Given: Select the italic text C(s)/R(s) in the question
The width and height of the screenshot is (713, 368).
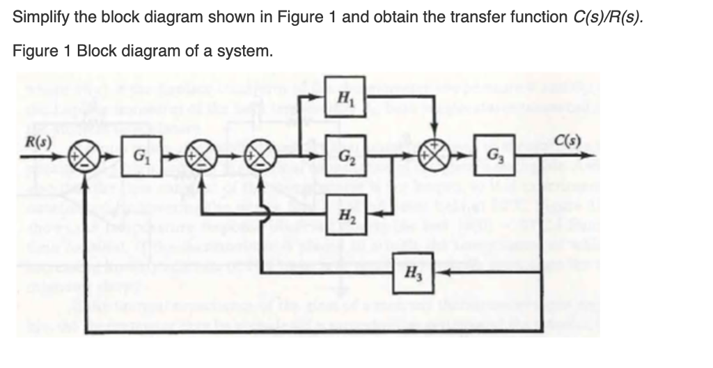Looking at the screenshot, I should (604, 17).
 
